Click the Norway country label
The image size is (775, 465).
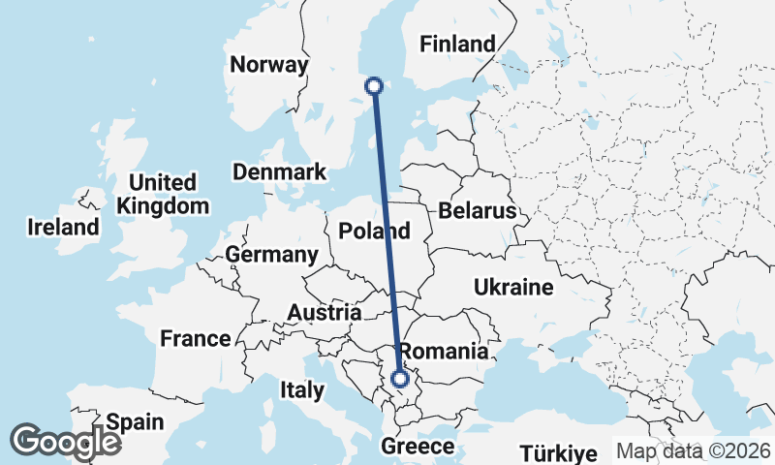pyautogui.click(x=269, y=65)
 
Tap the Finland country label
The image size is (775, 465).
pyautogui.click(x=456, y=44)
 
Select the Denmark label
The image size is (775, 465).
pyautogui.click(x=279, y=171)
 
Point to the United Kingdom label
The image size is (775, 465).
pyautogui.click(x=163, y=194)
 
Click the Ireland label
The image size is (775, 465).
pyautogui.click(x=63, y=228)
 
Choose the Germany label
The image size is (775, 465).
pyautogui.click(x=271, y=255)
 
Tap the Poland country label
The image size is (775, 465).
pyautogui.click(x=374, y=232)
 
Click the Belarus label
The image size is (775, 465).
pyautogui.click(x=478, y=211)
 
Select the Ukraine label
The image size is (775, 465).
pyautogui.click(x=513, y=287)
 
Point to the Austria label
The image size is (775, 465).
pyautogui.click(x=325, y=313)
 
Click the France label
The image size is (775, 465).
pyautogui.click(x=196, y=339)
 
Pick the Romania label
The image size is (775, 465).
pyautogui.click(x=444, y=352)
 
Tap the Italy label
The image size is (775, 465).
pyautogui.click(x=301, y=390)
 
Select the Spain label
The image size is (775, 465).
pyautogui.click(x=136, y=422)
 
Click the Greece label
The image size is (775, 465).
pyautogui.click(x=418, y=447)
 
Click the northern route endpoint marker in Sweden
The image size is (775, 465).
pyautogui.click(x=373, y=86)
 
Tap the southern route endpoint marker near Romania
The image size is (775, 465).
pyautogui.click(x=399, y=379)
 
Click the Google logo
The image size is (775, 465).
pyautogui.click(x=65, y=441)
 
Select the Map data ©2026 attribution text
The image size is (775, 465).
pyautogui.click(x=693, y=450)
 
